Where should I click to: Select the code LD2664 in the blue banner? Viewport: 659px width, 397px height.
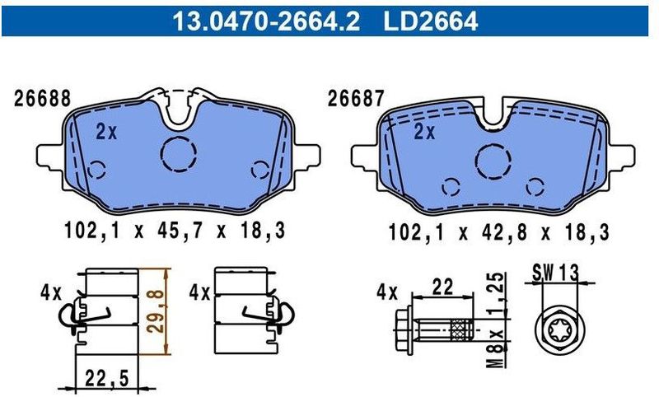click(430, 18)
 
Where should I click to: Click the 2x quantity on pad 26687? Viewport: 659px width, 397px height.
click(423, 132)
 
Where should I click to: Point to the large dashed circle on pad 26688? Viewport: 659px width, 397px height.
click(179, 154)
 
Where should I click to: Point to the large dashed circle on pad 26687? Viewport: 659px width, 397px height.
click(493, 160)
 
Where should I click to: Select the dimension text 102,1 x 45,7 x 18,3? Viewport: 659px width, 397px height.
click(174, 233)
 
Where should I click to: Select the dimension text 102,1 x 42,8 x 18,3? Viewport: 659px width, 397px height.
click(498, 233)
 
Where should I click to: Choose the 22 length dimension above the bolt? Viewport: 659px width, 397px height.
click(443, 287)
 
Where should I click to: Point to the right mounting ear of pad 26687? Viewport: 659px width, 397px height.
click(624, 156)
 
